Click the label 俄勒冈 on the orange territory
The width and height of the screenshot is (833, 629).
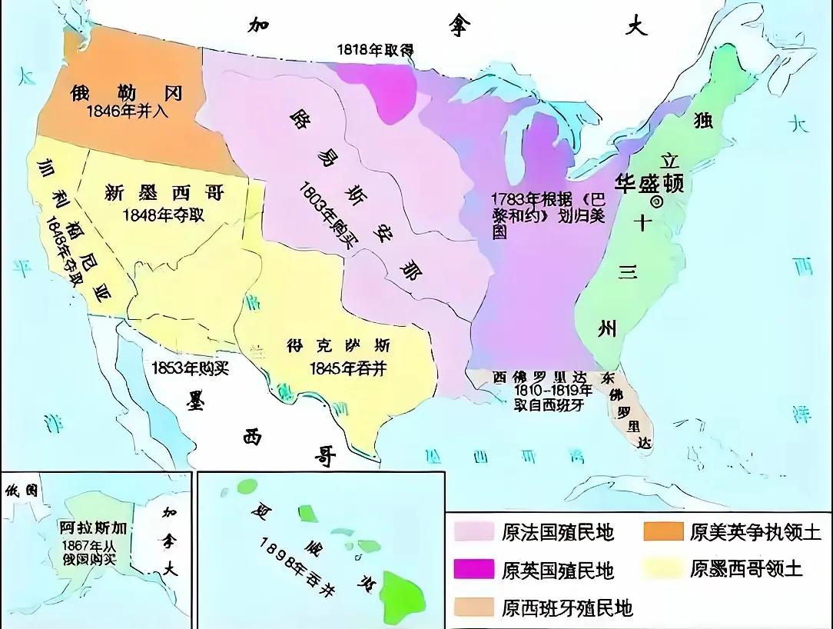click(126, 93)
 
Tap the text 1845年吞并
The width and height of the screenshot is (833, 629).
click(347, 368)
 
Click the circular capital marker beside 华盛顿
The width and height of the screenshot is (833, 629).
click(657, 201)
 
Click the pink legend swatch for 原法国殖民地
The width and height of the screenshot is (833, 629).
click(473, 531)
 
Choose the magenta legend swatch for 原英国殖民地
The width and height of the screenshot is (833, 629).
click(473, 570)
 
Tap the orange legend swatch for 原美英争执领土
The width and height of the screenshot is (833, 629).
click(662, 531)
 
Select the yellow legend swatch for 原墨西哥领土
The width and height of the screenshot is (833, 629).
click(662, 568)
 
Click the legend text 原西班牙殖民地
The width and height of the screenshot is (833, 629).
click(567, 607)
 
